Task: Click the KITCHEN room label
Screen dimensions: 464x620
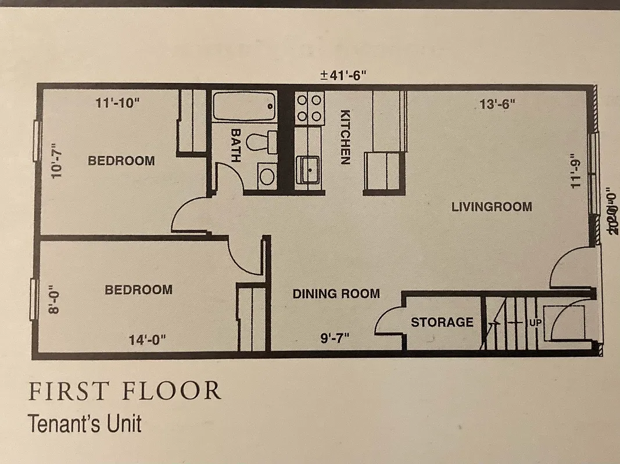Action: tap(345, 137)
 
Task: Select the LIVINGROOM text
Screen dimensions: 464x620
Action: tap(492, 206)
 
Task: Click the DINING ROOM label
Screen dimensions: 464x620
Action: tap(336, 294)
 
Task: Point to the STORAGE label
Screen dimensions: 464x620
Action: tap(442, 322)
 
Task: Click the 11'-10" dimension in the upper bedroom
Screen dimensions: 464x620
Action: tap(118, 104)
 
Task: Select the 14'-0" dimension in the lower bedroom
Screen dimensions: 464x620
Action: tap(148, 340)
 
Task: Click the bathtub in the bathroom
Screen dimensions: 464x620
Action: tap(244, 106)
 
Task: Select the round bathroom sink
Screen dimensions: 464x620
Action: tap(267, 176)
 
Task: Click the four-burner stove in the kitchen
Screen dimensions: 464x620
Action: tap(309, 108)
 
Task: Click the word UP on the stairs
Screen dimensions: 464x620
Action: tap(533, 321)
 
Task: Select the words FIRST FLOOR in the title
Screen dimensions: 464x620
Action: tap(124, 391)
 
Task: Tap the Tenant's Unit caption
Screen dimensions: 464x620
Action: tap(84, 423)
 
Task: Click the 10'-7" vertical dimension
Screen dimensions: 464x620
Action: tap(56, 164)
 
